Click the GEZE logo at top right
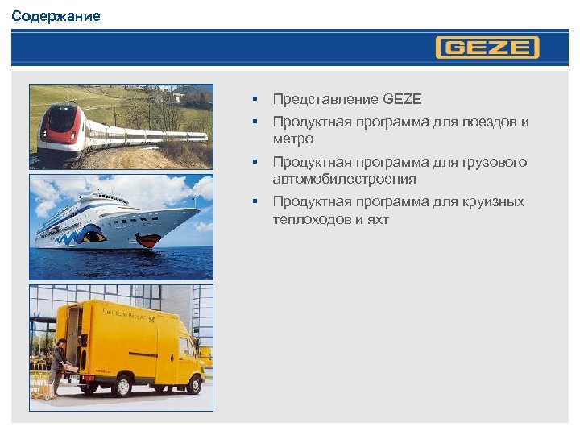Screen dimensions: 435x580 pyautogui.click(x=487, y=48)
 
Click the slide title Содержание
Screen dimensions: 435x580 pyautogui.click(x=56, y=16)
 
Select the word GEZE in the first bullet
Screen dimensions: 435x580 pyautogui.click(x=402, y=99)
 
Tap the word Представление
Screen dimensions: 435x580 pyautogui.click(x=325, y=99)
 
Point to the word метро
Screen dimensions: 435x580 pyautogui.click(x=292, y=139)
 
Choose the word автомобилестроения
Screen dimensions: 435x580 pyautogui.click(x=344, y=179)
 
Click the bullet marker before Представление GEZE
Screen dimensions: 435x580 pyautogui.click(x=253, y=99)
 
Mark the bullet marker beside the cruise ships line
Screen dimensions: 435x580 pyautogui.click(x=253, y=201)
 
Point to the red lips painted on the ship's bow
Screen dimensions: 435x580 pyautogui.click(x=148, y=240)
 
